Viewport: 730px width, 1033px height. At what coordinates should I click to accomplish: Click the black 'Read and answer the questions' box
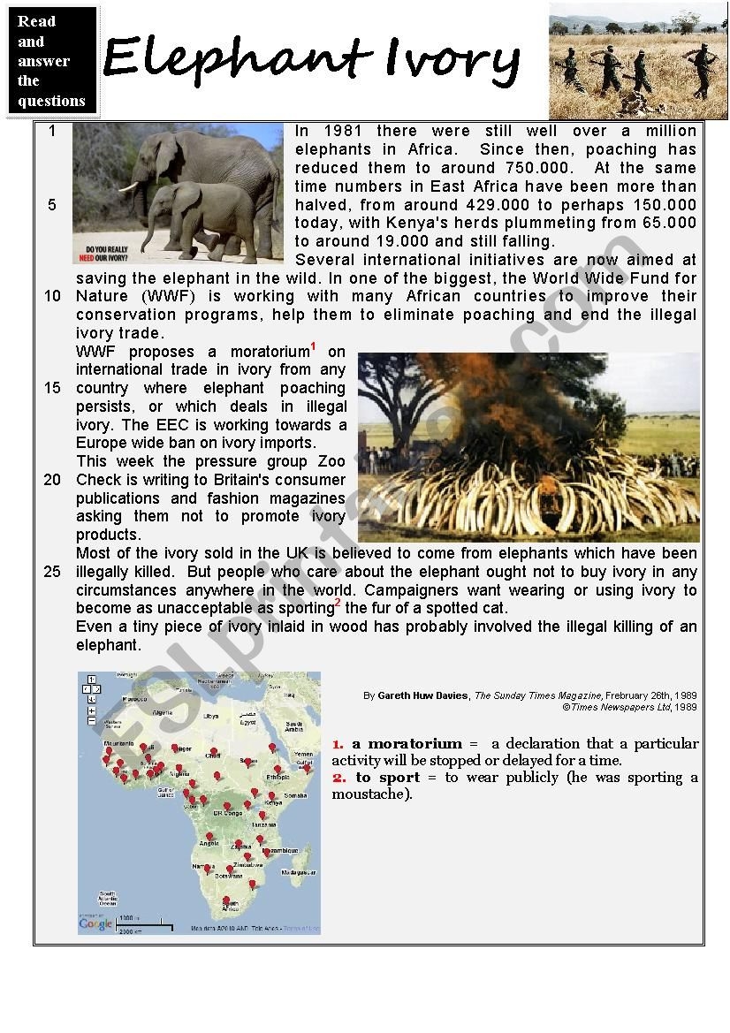point(52,61)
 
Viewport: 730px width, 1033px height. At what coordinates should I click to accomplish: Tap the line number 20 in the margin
point(52,480)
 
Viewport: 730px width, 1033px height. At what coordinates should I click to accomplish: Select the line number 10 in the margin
point(52,296)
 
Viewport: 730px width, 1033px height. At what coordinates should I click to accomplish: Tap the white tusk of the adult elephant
point(130,186)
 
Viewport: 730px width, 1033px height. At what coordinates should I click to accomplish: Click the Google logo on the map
point(95,923)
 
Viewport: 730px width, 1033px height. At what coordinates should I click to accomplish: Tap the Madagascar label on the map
point(298,872)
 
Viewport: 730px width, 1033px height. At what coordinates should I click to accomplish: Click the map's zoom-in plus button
point(91,710)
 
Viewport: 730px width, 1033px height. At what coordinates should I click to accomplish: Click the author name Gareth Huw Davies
point(424,696)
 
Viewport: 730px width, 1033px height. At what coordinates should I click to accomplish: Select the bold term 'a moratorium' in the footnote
point(407,744)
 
